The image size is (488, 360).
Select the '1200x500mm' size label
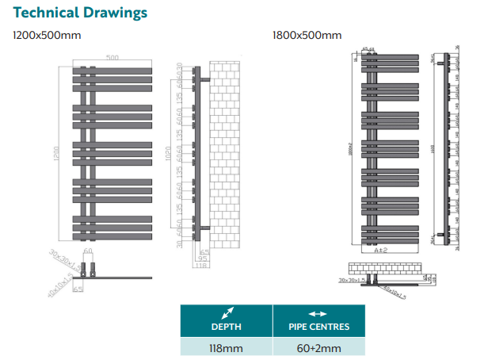point(46,36)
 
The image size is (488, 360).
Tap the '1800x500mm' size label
point(307,36)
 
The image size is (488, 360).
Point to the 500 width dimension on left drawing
point(112,58)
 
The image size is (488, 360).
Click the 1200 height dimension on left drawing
point(56,151)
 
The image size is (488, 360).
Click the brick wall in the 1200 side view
point(228,151)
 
